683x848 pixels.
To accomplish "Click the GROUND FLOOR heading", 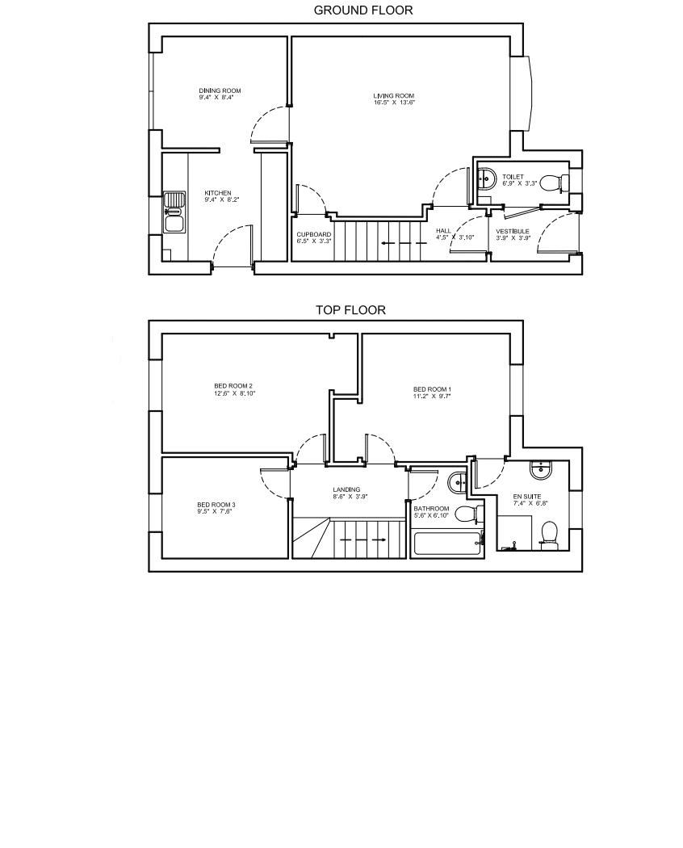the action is point(362,10).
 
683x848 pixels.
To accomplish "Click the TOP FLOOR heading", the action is point(350,310).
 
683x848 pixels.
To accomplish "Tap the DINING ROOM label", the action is point(220,90).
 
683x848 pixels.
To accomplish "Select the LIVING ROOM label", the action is point(394,96).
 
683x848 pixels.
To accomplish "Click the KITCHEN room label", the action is point(217,193).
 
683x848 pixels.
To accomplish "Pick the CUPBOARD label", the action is point(314,234).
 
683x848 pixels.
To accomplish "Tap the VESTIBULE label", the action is point(513,232).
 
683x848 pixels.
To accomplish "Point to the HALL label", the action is point(443,231).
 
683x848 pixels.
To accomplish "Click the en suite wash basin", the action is point(540,470).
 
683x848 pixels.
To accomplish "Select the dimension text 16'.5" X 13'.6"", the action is point(394,103).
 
